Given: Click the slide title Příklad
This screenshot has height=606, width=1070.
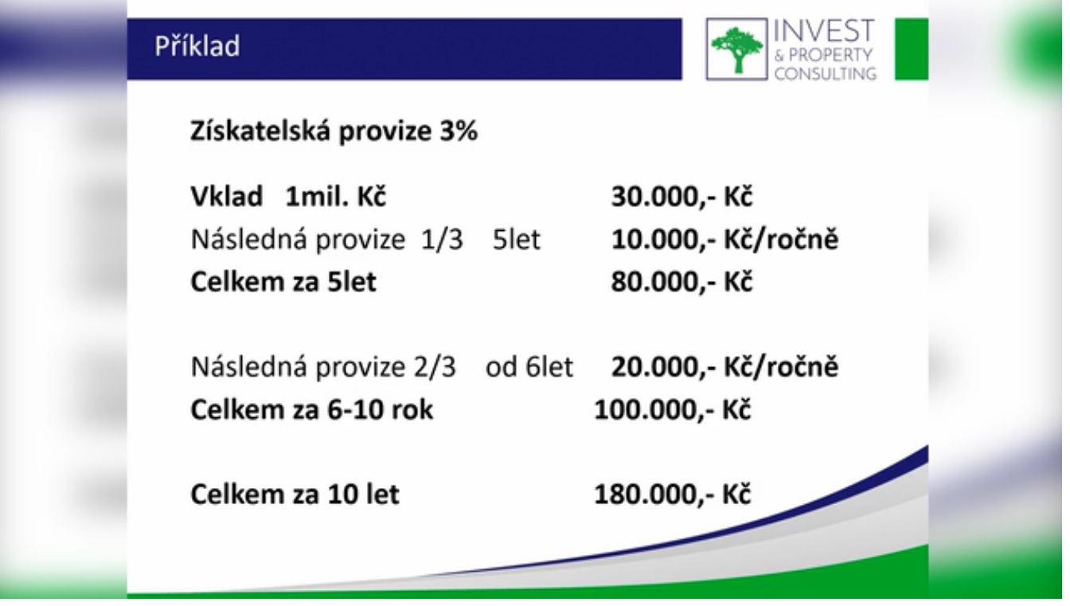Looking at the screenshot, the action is point(197,47).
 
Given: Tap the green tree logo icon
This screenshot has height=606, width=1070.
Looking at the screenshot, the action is point(736,49).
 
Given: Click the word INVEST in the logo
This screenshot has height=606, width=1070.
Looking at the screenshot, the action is point(824,31).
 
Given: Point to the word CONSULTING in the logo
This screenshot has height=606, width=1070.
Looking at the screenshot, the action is point(826,73).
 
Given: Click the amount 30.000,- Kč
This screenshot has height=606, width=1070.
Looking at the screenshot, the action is point(681,197).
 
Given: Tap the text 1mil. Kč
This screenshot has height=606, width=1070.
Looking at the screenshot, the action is point(335,197).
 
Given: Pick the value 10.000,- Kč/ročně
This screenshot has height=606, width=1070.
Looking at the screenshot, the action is point(724,239).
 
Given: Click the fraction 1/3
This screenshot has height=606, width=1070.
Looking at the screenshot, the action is point(442,239).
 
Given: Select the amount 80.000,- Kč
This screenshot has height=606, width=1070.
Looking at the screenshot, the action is point(681,281).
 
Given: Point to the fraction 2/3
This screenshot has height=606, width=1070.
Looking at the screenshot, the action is point(435,367).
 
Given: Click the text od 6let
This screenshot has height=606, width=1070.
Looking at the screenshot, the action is point(529,367).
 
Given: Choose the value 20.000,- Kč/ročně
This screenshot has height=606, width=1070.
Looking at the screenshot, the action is point(724,367).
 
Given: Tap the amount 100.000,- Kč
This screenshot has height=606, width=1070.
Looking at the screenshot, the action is point(672,409).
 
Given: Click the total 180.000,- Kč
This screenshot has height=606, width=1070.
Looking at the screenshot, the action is point(672,495).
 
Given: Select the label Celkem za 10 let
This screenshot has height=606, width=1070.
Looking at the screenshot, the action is point(295,495).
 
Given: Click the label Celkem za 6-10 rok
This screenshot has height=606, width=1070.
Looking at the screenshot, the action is point(311,409).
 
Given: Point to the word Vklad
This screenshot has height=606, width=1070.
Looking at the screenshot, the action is point(227,197).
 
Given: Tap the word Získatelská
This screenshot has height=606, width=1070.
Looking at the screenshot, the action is point(260,131).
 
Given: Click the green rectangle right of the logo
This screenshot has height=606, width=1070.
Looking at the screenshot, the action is point(912,49).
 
